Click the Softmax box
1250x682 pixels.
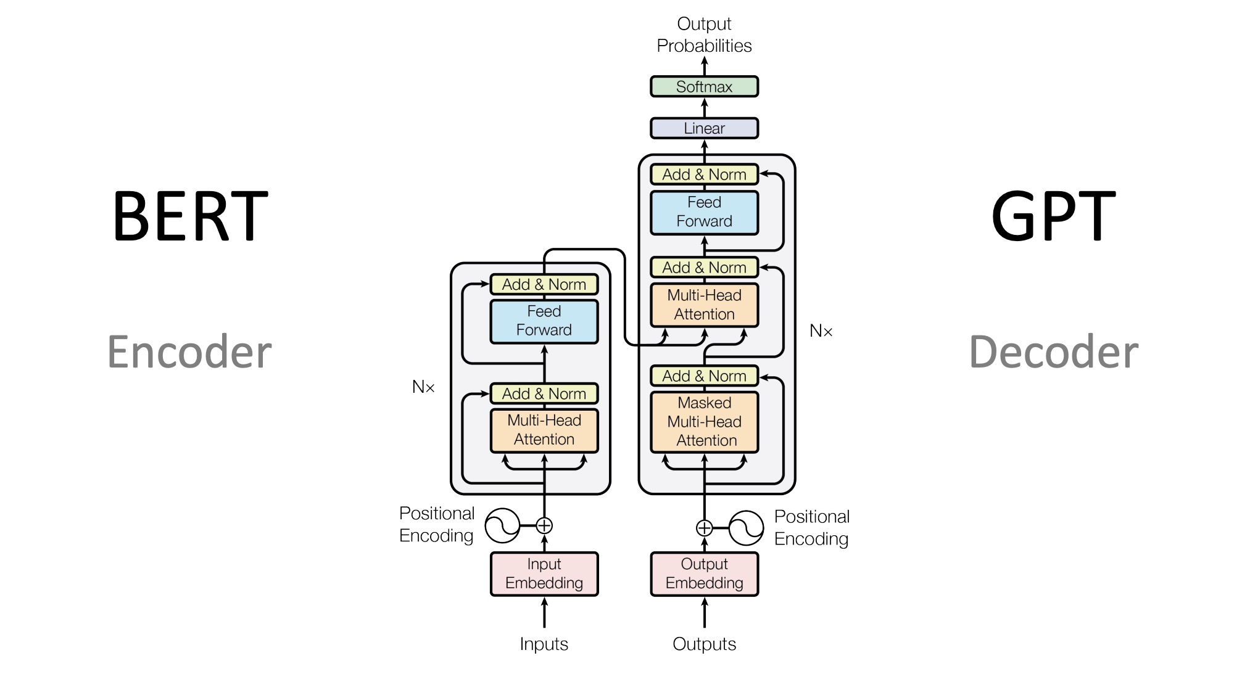pos(704,87)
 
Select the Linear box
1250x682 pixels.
pos(704,128)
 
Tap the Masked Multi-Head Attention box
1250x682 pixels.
pos(704,422)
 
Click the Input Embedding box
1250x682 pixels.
pos(544,573)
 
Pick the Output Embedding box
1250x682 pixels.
pos(704,573)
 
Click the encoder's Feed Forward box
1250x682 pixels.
pos(544,321)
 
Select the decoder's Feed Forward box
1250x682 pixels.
pos(704,212)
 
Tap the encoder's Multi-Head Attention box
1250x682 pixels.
pos(544,430)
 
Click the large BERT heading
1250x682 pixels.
pos(189,216)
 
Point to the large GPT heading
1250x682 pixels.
pos(1053,216)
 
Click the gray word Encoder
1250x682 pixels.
pos(189,352)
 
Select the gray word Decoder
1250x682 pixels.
pos(1053,352)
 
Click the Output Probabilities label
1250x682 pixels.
pos(704,35)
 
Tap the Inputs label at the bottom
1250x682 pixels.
pos(544,644)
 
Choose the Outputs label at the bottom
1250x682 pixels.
pos(704,644)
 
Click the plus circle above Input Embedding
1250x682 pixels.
pos(544,525)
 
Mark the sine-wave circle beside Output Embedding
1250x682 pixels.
pos(746,528)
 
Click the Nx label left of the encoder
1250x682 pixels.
pos(423,387)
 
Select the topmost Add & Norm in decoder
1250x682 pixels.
pos(704,175)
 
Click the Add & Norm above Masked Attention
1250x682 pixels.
pos(704,376)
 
